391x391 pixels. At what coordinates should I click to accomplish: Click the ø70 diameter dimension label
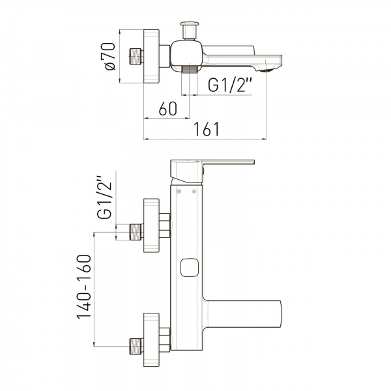point(108,57)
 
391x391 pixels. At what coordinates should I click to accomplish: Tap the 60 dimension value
point(168,109)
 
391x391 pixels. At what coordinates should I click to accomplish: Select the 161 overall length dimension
point(207,129)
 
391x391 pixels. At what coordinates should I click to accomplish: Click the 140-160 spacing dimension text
point(84,287)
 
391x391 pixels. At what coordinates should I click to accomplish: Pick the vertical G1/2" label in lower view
point(104,197)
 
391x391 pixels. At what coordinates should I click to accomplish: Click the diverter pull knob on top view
point(190,31)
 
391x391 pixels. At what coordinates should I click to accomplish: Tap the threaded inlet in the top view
point(136,57)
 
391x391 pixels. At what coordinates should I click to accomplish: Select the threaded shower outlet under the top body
point(190,69)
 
